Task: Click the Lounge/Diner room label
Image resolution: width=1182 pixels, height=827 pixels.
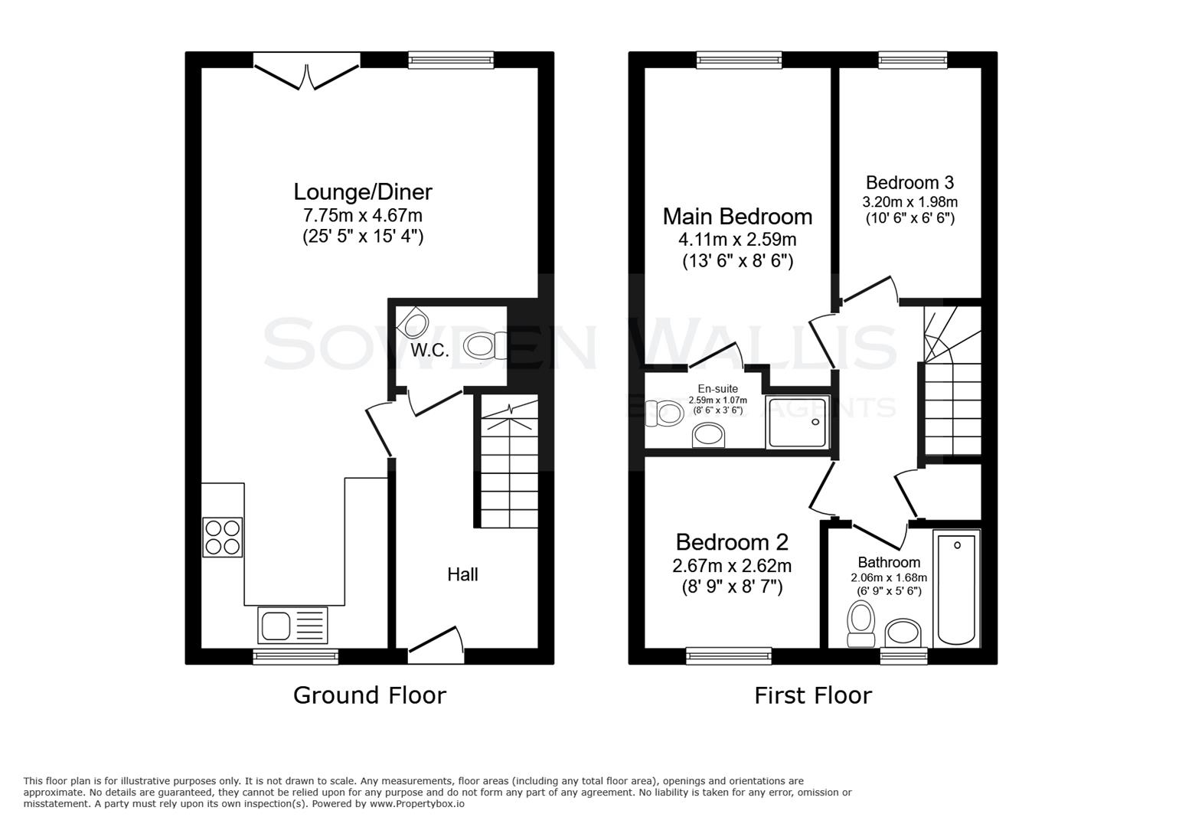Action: click(x=363, y=191)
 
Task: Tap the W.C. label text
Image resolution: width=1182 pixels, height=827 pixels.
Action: click(x=429, y=351)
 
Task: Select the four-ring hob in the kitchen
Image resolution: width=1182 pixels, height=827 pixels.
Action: click(x=223, y=537)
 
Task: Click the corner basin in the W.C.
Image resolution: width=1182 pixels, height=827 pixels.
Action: click(x=412, y=322)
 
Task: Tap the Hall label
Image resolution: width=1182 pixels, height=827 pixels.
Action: click(x=462, y=574)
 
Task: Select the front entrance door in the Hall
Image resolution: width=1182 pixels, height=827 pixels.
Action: click(x=436, y=643)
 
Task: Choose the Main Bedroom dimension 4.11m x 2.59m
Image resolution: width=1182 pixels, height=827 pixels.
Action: click(x=737, y=240)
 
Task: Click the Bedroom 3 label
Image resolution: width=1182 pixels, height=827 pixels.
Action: click(x=909, y=182)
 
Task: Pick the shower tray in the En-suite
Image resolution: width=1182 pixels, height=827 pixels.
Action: click(x=798, y=422)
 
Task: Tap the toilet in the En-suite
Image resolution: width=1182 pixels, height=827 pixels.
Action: click(x=659, y=413)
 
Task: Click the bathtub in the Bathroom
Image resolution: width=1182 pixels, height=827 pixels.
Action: click(x=956, y=589)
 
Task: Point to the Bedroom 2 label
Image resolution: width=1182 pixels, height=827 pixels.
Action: click(x=731, y=542)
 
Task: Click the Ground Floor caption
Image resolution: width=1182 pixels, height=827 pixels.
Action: click(x=369, y=695)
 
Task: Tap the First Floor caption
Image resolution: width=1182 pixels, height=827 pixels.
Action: click(x=812, y=695)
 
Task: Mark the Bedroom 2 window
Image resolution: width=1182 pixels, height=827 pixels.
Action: click(x=729, y=655)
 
